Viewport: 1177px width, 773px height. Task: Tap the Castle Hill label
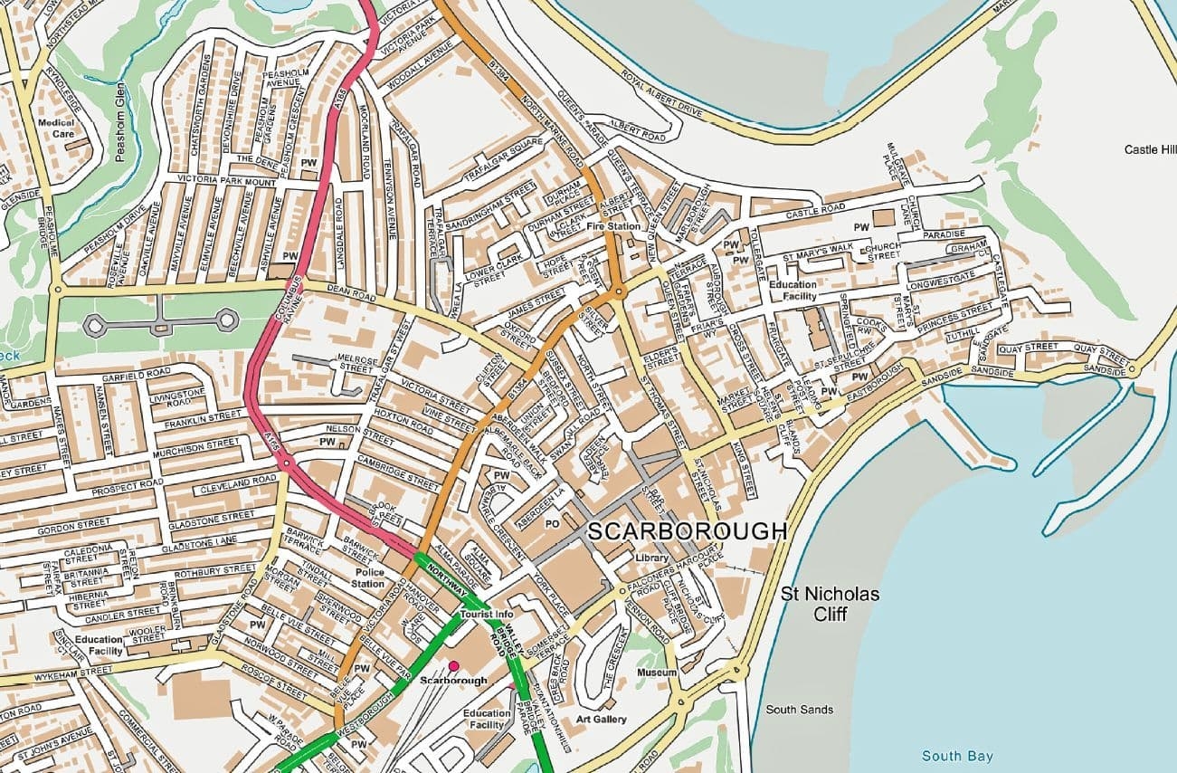[x=1149, y=149]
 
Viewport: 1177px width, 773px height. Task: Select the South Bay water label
[x=956, y=756]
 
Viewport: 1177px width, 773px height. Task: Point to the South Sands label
[x=799, y=710]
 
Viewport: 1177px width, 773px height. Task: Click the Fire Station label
[x=612, y=226]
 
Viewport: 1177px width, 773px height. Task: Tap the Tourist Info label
[x=487, y=615]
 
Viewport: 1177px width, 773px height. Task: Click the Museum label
[x=657, y=673]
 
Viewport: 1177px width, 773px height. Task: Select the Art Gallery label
[x=602, y=720]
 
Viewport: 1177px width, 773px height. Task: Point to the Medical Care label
[x=56, y=128]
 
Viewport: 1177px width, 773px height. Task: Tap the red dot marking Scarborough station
[x=453, y=665]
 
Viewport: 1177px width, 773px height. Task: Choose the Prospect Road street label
[x=126, y=483]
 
